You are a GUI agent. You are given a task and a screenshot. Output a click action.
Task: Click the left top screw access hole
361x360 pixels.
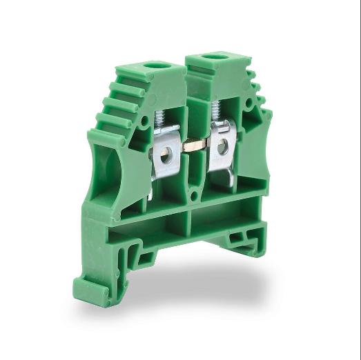160,66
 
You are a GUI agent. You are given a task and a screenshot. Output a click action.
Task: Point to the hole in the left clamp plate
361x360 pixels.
166,157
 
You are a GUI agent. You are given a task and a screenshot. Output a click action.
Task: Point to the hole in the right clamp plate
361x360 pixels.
223,146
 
